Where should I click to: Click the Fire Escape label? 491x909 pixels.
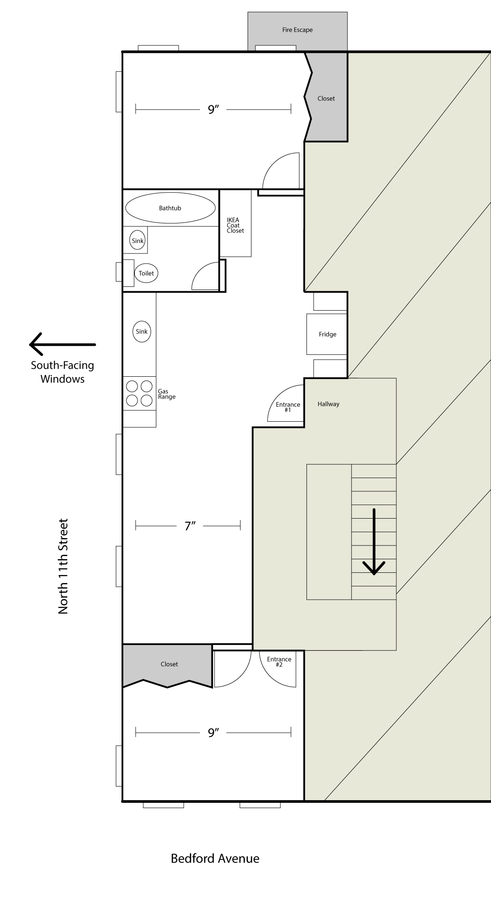[x=297, y=30]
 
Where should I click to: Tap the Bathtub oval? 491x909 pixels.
[x=170, y=208]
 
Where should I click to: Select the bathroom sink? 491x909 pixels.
[x=137, y=241]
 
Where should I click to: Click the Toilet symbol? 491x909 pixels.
[x=146, y=273]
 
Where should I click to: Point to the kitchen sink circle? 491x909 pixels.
[x=141, y=332]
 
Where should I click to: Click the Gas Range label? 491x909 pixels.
[x=166, y=394]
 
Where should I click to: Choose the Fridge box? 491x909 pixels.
[x=327, y=334]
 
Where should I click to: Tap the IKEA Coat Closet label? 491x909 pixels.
[x=235, y=225]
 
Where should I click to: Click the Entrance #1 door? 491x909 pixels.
[x=287, y=405]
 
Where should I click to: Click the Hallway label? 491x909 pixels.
[x=329, y=404]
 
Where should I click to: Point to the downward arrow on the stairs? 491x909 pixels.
[x=374, y=542]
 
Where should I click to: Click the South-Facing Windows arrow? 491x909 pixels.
[x=62, y=344]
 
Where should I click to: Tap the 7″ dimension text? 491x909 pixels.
[x=190, y=526]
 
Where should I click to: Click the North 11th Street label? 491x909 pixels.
[x=63, y=566]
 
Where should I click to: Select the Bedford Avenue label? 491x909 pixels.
[x=215, y=858]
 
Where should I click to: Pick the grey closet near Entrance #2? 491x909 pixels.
[x=169, y=664]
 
